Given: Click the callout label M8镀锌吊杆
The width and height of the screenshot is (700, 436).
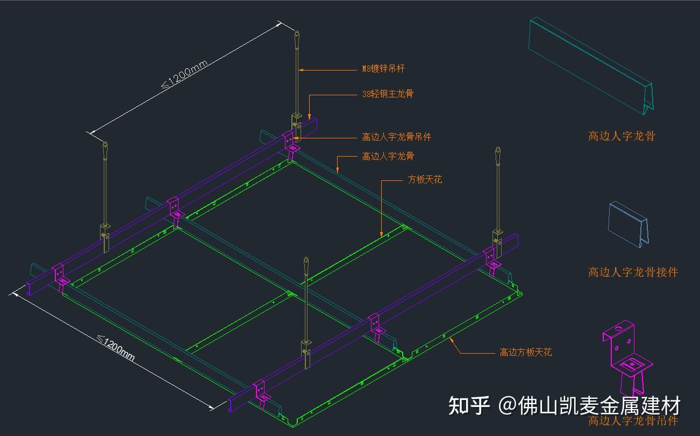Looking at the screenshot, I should tap(383, 68).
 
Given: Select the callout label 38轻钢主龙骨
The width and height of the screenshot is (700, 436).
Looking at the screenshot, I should tap(388, 94).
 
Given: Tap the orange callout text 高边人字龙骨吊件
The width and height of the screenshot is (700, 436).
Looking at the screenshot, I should tap(397, 137).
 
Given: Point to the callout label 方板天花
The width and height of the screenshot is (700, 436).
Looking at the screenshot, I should tap(425, 179).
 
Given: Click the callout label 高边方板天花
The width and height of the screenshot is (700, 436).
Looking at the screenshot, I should tap(525, 353).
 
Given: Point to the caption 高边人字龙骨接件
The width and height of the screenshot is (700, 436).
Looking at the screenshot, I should tap(633, 272).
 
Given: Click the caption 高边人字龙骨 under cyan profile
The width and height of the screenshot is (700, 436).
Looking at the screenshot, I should tap(622, 136).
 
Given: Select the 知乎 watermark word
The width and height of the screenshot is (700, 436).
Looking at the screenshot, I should tap(469, 405).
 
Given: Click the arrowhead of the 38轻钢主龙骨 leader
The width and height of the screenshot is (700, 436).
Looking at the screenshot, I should tap(310, 115).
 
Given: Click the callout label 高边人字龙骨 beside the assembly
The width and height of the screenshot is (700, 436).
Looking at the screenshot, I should tap(388, 156).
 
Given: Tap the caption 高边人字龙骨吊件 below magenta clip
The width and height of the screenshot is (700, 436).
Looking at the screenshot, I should tap(633, 420).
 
